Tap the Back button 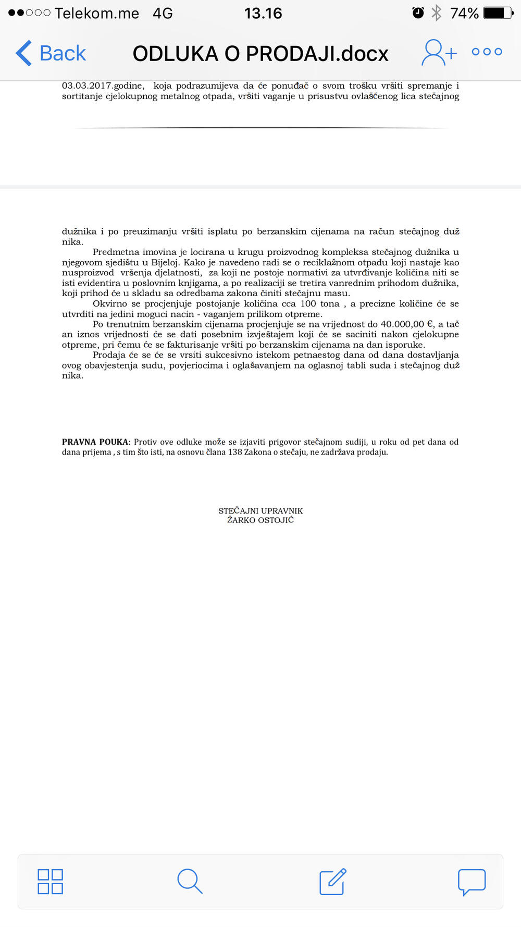click(51, 53)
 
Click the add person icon click(439, 52)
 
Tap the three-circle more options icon click(487, 52)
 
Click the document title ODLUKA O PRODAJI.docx click(260, 54)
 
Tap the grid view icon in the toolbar click(51, 881)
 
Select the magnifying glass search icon click(190, 881)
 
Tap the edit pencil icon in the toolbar click(332, 881)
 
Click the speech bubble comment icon click(472, 882)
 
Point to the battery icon click(498, 13)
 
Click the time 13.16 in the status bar click(263, 13)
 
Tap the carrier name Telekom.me click(97, 13)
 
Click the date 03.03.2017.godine click(103, 86)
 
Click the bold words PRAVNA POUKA click(95, 442)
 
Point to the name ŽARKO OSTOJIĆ click(260, 520)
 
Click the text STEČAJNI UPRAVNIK click(260, 511)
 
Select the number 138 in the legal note click(235, 452)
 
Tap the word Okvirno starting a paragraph click(109, 304)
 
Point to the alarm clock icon click(418, 13)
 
